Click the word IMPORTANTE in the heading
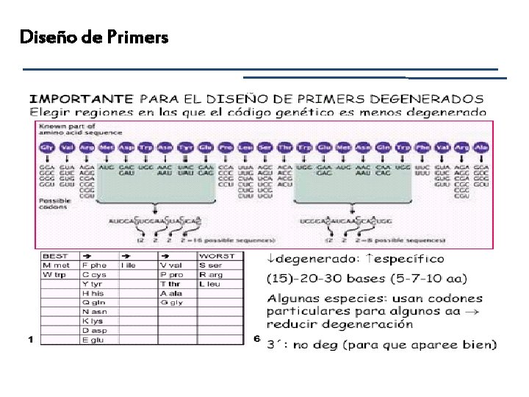(x=81, y=98)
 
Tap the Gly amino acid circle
(x=48, y=148)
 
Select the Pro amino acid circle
(x=226, y=148)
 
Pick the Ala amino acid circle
(x=481, y=148)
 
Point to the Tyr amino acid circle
(x=187, y=148)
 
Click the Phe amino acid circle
(x=423, y=148)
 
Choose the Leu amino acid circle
(x=246, y=148)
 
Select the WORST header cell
(x=217, y=256)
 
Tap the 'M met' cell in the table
(x=57, y=265)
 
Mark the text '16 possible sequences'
(x=240, y=240)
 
